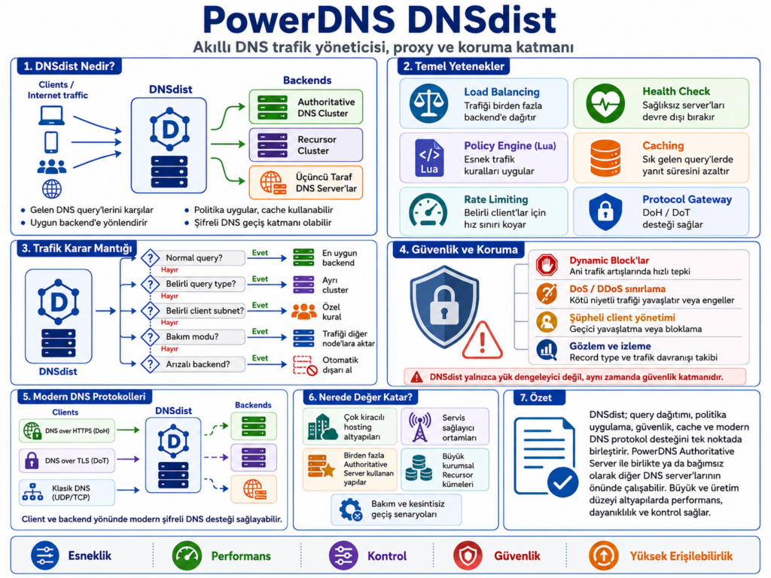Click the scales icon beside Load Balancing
(428, 103)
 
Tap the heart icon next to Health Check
(605, 103)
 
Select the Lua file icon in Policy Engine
(428, 158)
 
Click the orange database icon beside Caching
(605, 158)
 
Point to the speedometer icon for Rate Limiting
(428, 211)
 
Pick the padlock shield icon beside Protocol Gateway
(605, 211)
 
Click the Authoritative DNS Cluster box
(306, 107)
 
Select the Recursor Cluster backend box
(306, 144)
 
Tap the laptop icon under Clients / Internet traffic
(52, 115)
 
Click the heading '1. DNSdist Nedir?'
(69, 66)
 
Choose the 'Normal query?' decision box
(193, 257)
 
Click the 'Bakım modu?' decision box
(193, 336)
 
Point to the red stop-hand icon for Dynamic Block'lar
(547, 265)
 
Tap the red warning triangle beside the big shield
(483, 340)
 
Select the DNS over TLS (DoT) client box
(67, 461)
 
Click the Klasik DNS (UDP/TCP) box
(67, 492)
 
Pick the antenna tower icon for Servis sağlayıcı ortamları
(420, 427)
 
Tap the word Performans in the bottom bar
(241, 556)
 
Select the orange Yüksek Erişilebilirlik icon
(603, 556)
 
